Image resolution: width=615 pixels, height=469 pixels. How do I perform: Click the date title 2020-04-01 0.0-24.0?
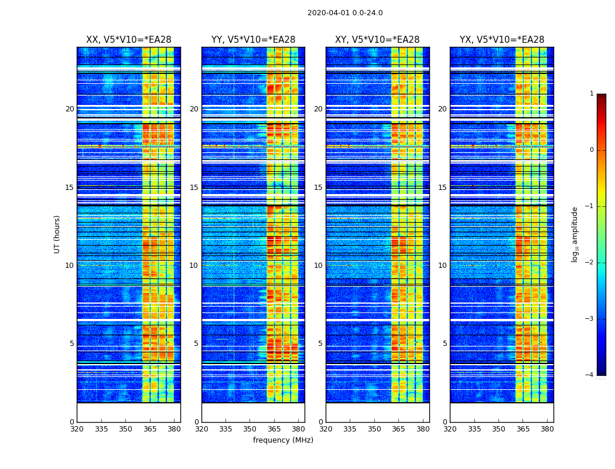coord(345,13)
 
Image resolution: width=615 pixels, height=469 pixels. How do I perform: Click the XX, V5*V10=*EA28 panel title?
coord(129,40)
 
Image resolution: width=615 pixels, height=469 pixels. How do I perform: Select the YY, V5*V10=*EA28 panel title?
coord(253,40)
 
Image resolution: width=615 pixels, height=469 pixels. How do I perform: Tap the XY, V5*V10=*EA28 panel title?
coord(377,40)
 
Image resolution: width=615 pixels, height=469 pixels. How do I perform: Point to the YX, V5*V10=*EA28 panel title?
coord(502,40)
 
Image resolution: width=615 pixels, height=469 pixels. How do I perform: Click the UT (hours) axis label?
coord(57,234)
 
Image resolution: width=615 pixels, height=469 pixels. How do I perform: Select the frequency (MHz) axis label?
coord(283,440)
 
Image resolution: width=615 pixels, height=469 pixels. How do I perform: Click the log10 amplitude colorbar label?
coord(575,234)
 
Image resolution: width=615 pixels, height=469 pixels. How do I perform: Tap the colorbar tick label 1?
coord(591,94)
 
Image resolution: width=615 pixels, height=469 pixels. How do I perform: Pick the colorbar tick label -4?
coord(590,375)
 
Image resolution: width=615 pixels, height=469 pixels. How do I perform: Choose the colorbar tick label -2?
coord(590,263)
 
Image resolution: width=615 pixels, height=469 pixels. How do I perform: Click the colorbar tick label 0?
coord(591,150)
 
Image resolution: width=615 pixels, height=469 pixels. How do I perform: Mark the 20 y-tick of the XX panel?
coord(70,109)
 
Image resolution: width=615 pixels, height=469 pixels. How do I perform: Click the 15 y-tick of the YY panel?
coord(194,188)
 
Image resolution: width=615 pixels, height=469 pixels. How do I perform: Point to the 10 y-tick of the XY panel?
coord(318,266)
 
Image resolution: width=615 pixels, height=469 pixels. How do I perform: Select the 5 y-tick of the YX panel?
coord(445,344)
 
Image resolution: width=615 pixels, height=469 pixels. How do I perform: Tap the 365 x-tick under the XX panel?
coord(149,429)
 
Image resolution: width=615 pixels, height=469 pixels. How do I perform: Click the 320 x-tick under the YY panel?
coord(201,429)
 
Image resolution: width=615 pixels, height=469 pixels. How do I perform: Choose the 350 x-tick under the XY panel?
coord(374,429)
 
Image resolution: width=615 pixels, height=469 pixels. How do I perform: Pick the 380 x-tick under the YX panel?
coord(547,429)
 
